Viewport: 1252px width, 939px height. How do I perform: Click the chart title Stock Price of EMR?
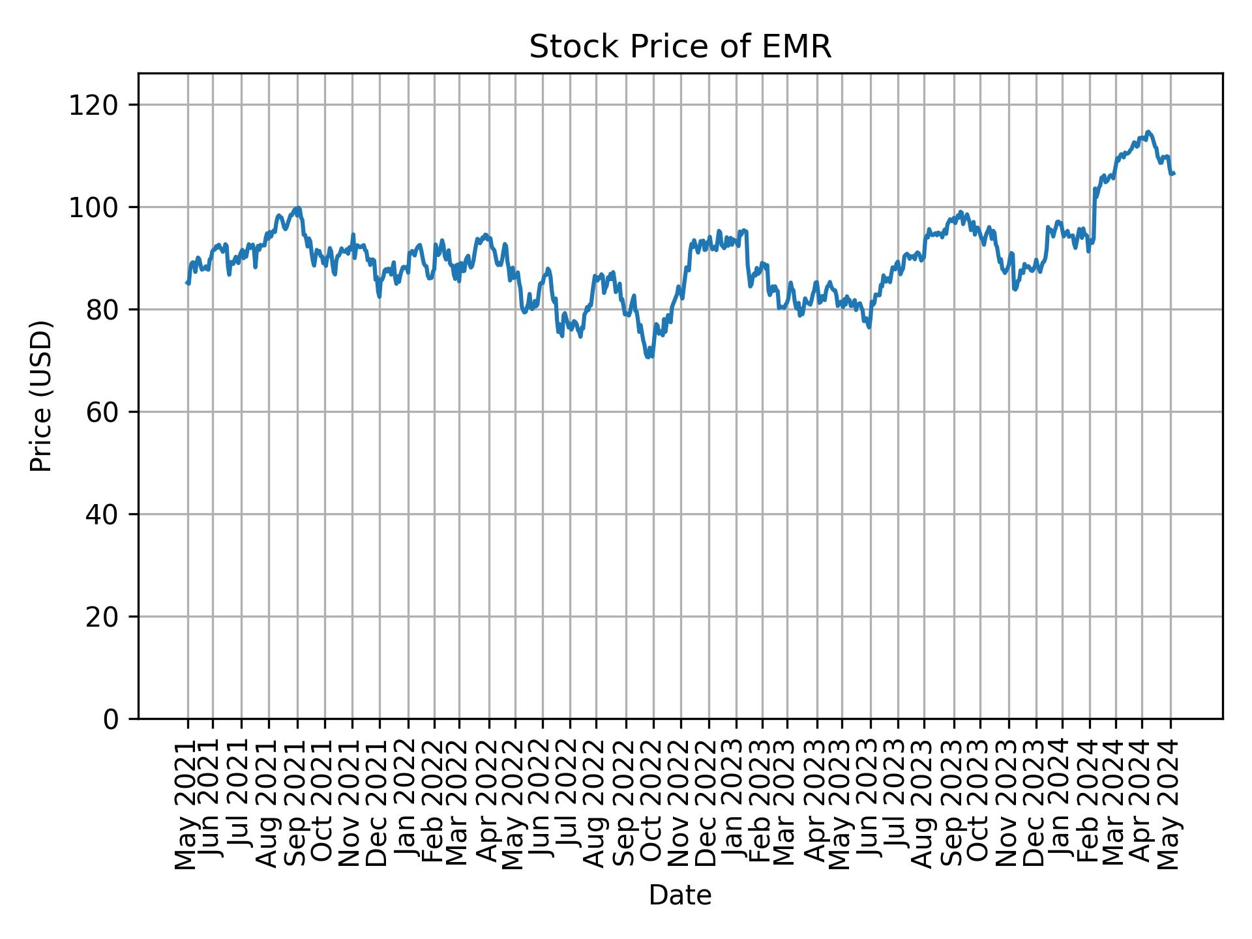point(679,48)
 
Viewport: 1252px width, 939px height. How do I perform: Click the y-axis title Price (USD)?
point(41,395)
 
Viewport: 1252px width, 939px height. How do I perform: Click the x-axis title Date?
point(679,895)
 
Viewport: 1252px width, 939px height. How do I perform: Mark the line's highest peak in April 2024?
point(1148,132)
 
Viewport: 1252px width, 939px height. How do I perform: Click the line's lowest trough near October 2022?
point(649,357)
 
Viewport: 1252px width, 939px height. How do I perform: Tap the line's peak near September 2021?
point(298,208)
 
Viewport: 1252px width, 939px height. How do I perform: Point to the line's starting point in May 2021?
point(187,282)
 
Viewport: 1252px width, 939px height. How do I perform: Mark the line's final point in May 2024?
point(1174,173)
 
